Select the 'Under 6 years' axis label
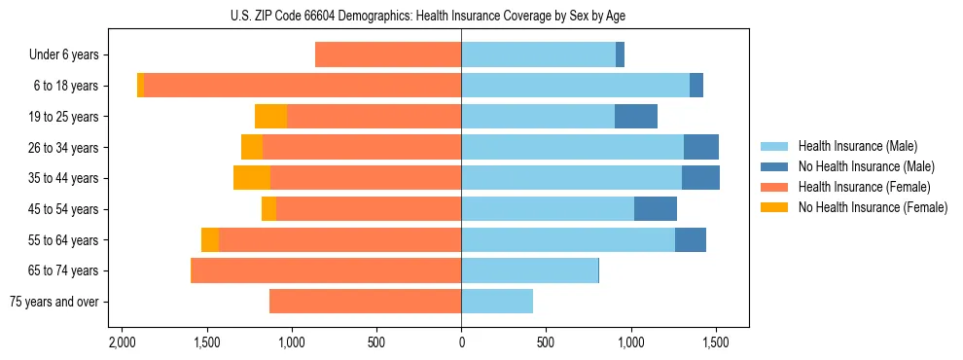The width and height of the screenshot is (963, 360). tap(63, 55)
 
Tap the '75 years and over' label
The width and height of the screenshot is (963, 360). tap(53, 302)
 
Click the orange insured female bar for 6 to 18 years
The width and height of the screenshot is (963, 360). tap(302, 86)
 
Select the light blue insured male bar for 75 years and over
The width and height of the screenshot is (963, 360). tap(496, 302)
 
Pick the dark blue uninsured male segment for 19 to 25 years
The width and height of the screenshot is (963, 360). tap(636, 117)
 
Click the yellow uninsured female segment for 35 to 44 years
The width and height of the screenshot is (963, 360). tap(252, 178)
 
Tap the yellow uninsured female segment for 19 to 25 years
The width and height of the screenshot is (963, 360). tap(270, 117)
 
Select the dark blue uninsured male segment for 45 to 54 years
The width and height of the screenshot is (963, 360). tap(656, 209)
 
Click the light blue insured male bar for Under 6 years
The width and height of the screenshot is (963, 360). tap(538, 55)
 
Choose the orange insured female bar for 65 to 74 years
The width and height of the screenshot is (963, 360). tap(326, 270)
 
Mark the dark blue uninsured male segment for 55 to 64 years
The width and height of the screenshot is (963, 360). tap(691, 240)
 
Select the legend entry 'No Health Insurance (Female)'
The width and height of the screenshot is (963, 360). tap(873, 207)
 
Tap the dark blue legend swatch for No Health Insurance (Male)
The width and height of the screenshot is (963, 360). tap(774, 166)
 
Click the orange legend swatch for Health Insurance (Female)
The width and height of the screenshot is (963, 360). tap(774, 187)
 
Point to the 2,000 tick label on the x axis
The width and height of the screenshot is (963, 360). tap(122, 343)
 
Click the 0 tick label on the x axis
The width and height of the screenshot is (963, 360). tap(461, 343)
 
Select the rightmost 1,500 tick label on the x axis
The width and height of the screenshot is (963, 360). tap(716, 343)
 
